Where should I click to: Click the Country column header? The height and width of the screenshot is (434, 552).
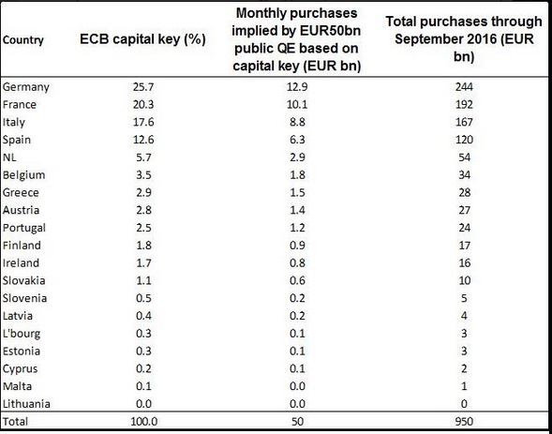(23, 40)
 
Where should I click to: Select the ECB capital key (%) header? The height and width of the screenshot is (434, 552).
(142, 39)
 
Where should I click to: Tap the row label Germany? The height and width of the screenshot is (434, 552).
(26, 87)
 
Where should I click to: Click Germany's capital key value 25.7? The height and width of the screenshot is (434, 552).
(143, 87)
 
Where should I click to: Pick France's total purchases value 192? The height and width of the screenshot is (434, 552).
(464, 105)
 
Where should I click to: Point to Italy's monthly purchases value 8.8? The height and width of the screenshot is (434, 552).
(297, 122)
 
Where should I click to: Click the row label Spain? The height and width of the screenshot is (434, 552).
(17, 140)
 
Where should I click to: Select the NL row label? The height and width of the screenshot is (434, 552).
(9, 157)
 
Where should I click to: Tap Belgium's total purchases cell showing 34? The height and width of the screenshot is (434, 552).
(464, 175)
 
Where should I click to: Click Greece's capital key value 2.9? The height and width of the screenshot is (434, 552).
(143, 192)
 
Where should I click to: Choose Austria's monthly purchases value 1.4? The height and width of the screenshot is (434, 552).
(297, 210)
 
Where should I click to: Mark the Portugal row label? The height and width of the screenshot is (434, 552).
(24, 228)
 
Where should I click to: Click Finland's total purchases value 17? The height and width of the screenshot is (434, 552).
(464, 246)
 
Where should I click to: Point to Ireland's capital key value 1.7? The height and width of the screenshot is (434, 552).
(143, 263)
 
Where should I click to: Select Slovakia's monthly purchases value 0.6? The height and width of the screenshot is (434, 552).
(297, 280)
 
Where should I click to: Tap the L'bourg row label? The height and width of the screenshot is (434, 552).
(22, 334)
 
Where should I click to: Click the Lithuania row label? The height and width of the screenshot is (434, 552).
(26, 404)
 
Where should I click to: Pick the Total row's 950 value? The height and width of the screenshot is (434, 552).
(464, 421)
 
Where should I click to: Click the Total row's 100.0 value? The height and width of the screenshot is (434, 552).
(144, 421)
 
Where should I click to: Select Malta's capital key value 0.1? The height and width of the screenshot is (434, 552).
(143, 386)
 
